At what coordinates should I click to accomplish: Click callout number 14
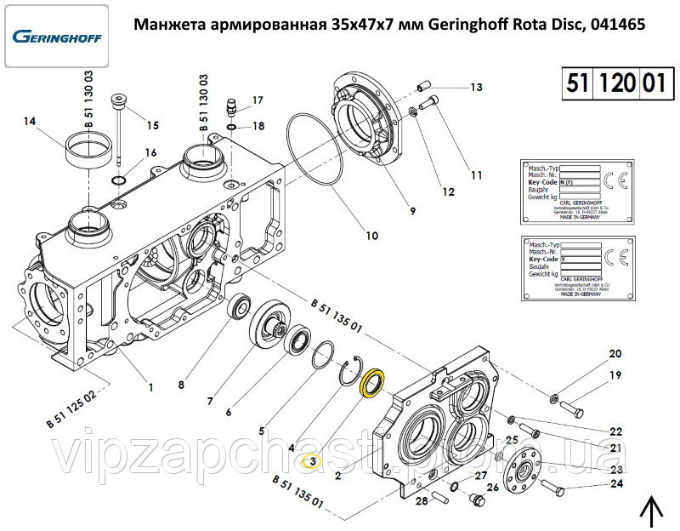(31, 122)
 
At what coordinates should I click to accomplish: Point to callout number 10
(371, 236)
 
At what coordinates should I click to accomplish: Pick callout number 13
(475, 88)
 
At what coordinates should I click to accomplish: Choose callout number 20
(615, 353)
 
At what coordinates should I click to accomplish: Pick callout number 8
(180, 384)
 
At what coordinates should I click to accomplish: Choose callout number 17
(258, 100)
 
